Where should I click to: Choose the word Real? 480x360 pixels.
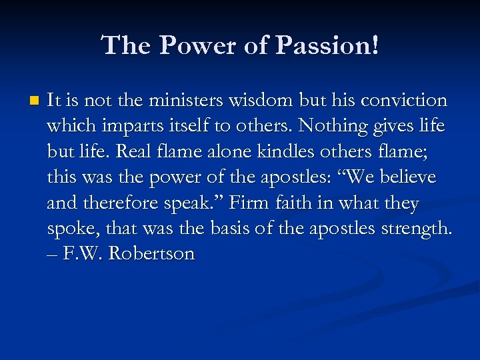pyautogui.click(x=128, y=152)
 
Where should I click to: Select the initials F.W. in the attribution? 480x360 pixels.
pyautogui.click(x=84, y=254)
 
